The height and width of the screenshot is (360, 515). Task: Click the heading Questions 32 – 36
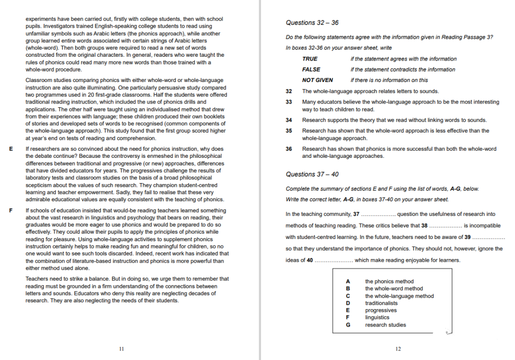pos(312,22)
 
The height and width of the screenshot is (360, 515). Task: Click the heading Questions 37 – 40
pos(312,174)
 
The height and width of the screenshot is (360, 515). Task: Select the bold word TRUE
pos(309,59)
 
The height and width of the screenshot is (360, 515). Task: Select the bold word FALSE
pos(311,70)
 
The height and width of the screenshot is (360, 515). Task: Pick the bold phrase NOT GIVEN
pos(318,80)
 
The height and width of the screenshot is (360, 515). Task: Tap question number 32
pos(288,91)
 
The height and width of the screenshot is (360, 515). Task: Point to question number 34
pos(288,120)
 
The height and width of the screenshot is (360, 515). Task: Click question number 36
pos(288,149)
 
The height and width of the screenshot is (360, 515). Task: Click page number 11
pos(121,349)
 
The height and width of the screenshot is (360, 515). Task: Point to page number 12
pos(398,349)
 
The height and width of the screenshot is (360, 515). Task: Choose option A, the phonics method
pos(389,281)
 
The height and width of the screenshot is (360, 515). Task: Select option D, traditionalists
pos(381,303)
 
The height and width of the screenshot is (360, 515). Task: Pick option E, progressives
pos(381,310)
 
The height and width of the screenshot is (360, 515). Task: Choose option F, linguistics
pos(377,318)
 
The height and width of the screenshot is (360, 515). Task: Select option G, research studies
pos(385,325)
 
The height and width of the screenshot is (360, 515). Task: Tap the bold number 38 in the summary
pos(424,226)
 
